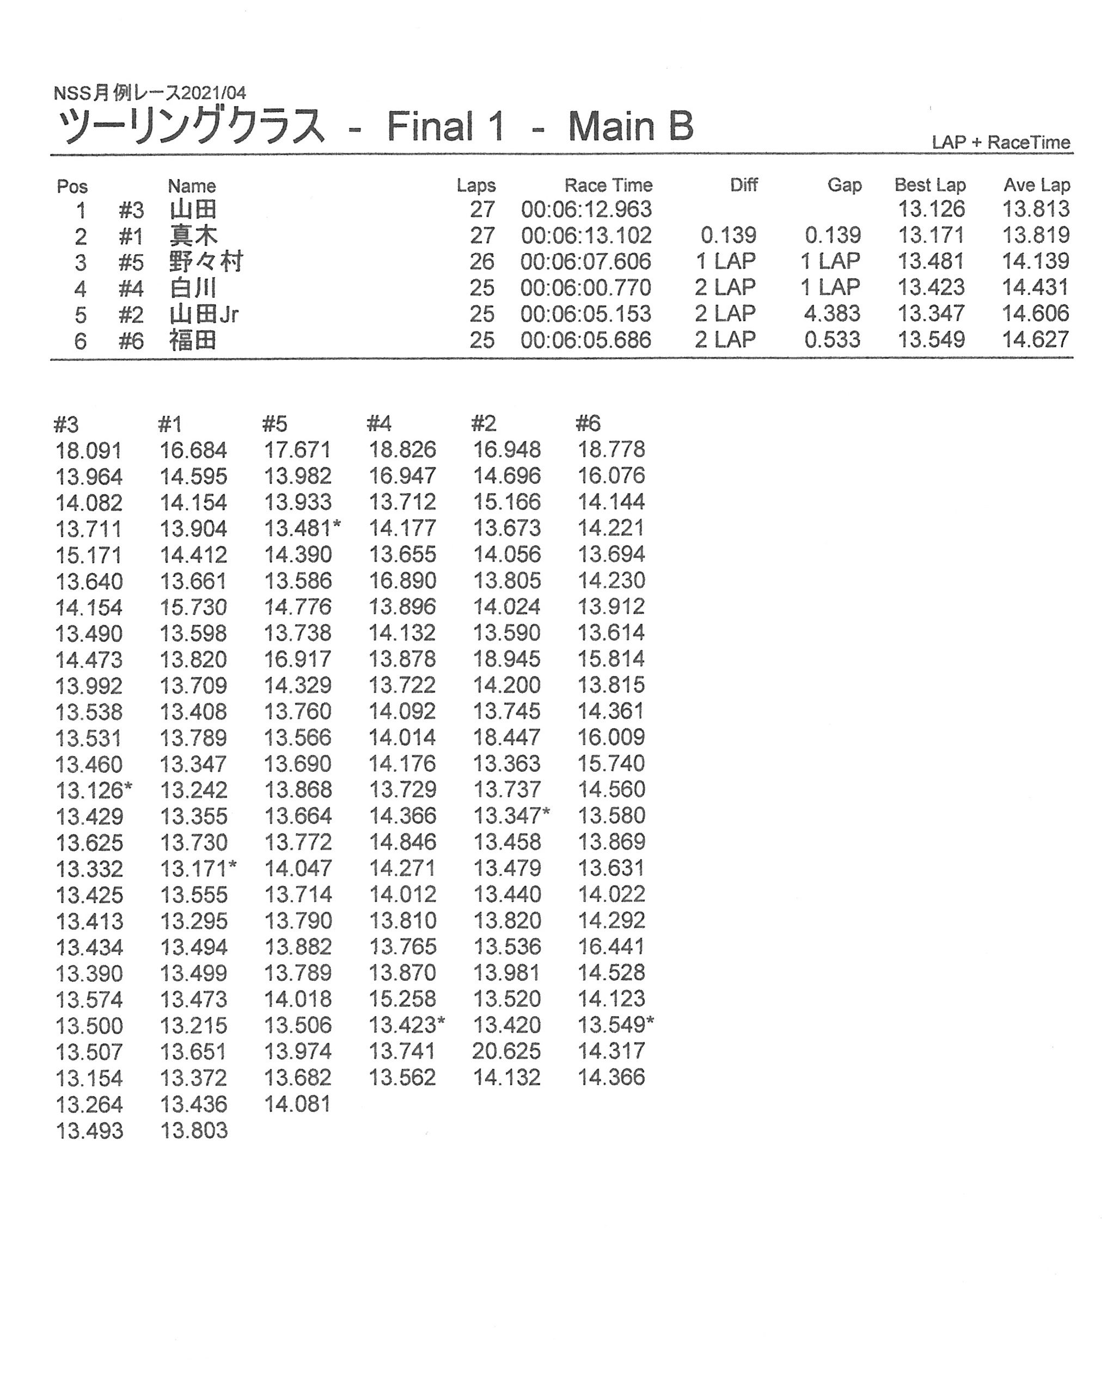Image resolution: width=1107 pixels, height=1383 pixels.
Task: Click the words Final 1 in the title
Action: tap(445, 126)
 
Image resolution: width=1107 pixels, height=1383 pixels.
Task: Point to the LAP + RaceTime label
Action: tap(1000, 143)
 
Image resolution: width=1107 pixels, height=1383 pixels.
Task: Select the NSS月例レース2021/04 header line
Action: tap(150, 93)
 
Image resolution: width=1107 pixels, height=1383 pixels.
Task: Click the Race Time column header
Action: tap(608, 186)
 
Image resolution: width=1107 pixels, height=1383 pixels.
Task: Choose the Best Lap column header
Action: tap(929, 186)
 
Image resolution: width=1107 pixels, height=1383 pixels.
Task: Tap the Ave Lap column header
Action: tap(1036, 186)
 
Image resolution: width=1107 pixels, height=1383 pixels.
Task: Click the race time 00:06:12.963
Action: tap(586, 209)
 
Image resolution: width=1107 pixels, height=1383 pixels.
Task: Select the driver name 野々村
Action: tap(206, 262)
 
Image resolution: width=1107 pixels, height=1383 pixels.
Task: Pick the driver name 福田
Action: tap(193, 340)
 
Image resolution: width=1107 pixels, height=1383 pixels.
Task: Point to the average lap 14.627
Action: tap(1035, 340)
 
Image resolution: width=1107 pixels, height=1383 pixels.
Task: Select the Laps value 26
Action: tap(482, 262)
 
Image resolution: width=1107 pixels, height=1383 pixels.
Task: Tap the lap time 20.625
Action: tap(506, 1052)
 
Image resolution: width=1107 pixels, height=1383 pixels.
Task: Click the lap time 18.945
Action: tap(506, 660)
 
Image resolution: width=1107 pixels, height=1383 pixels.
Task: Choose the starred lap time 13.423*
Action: tap(406, 1025)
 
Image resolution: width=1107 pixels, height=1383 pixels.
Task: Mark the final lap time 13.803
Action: tap(194, 1130)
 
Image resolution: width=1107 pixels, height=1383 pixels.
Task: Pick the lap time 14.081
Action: tap(298, 1104)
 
